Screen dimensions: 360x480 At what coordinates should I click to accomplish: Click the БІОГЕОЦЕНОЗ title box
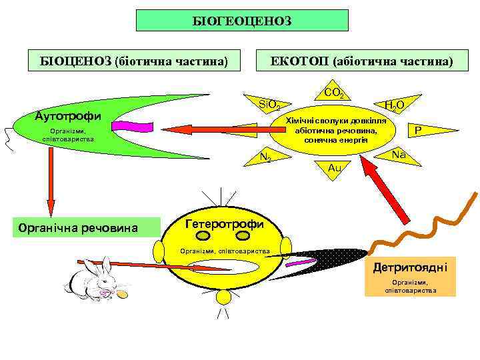click(x=242, y=21)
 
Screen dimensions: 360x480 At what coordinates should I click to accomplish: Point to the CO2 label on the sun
click(x=333, y=94)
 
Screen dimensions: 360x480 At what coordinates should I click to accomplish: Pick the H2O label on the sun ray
click(x=395, y=105)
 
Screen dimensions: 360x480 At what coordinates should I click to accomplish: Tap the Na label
click(x=399, y=155)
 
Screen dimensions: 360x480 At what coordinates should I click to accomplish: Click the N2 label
click(x=265, y=157)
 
